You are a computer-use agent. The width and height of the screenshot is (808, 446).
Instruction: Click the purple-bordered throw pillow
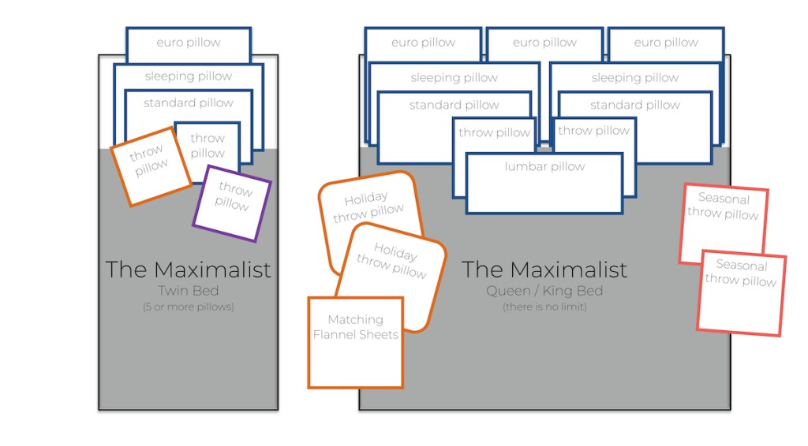point(232,203)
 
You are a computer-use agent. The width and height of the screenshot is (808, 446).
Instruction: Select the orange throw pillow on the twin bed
point(150,167)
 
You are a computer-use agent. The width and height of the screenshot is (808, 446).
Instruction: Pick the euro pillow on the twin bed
point(189,43)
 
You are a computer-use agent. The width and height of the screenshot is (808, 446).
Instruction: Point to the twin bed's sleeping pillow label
point(189,76)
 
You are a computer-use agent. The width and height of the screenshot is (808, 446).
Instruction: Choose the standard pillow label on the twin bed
point(189,103)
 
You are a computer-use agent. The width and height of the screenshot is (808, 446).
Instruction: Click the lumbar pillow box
point(544,183)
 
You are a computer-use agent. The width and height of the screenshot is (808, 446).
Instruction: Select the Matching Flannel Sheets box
point(355,343)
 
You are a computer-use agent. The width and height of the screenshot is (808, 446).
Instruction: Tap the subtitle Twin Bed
point(188,291)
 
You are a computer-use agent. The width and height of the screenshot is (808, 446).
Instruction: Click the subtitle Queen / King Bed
point(544,291)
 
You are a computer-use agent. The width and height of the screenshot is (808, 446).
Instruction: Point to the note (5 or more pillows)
point(188,307)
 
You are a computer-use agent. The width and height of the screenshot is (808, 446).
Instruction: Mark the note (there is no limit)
point(544,307)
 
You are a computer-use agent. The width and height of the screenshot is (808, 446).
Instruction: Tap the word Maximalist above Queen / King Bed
point(562,269)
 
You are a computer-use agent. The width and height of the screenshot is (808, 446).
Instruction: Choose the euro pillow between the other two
point(544,42)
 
